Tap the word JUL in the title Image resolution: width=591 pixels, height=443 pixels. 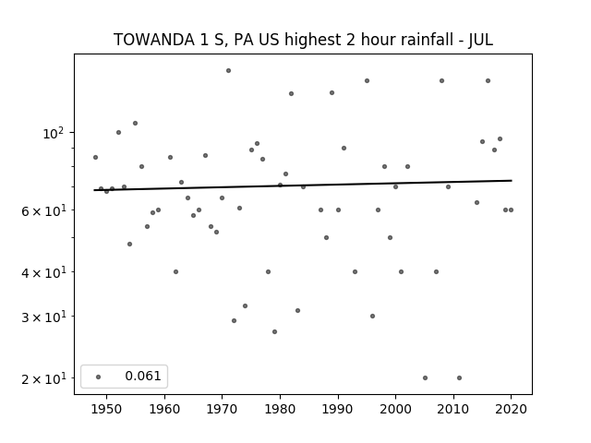480,40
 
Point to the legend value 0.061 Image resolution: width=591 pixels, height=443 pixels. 143,376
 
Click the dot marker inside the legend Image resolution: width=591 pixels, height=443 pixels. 99,377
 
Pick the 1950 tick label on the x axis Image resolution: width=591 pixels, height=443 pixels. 107,409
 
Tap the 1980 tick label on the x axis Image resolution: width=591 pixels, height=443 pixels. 280,409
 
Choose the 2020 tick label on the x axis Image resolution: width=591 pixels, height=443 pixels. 511,409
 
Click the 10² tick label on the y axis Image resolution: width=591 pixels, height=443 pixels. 54,133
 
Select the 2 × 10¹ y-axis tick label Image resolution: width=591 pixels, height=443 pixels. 43,378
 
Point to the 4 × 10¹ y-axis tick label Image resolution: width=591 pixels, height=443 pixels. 43,272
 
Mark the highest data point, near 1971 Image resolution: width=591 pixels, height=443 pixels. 228,70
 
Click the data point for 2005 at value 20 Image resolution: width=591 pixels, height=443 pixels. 425,377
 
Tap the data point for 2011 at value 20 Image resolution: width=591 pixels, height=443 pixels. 460,377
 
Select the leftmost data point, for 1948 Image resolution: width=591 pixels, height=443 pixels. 95,157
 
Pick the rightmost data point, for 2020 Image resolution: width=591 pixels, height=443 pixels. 511,210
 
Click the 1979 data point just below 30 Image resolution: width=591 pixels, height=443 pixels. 275,331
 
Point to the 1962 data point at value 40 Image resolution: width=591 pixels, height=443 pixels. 175,271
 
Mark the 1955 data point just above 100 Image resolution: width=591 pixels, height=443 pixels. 136,123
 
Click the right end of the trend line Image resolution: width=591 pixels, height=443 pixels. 512,181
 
